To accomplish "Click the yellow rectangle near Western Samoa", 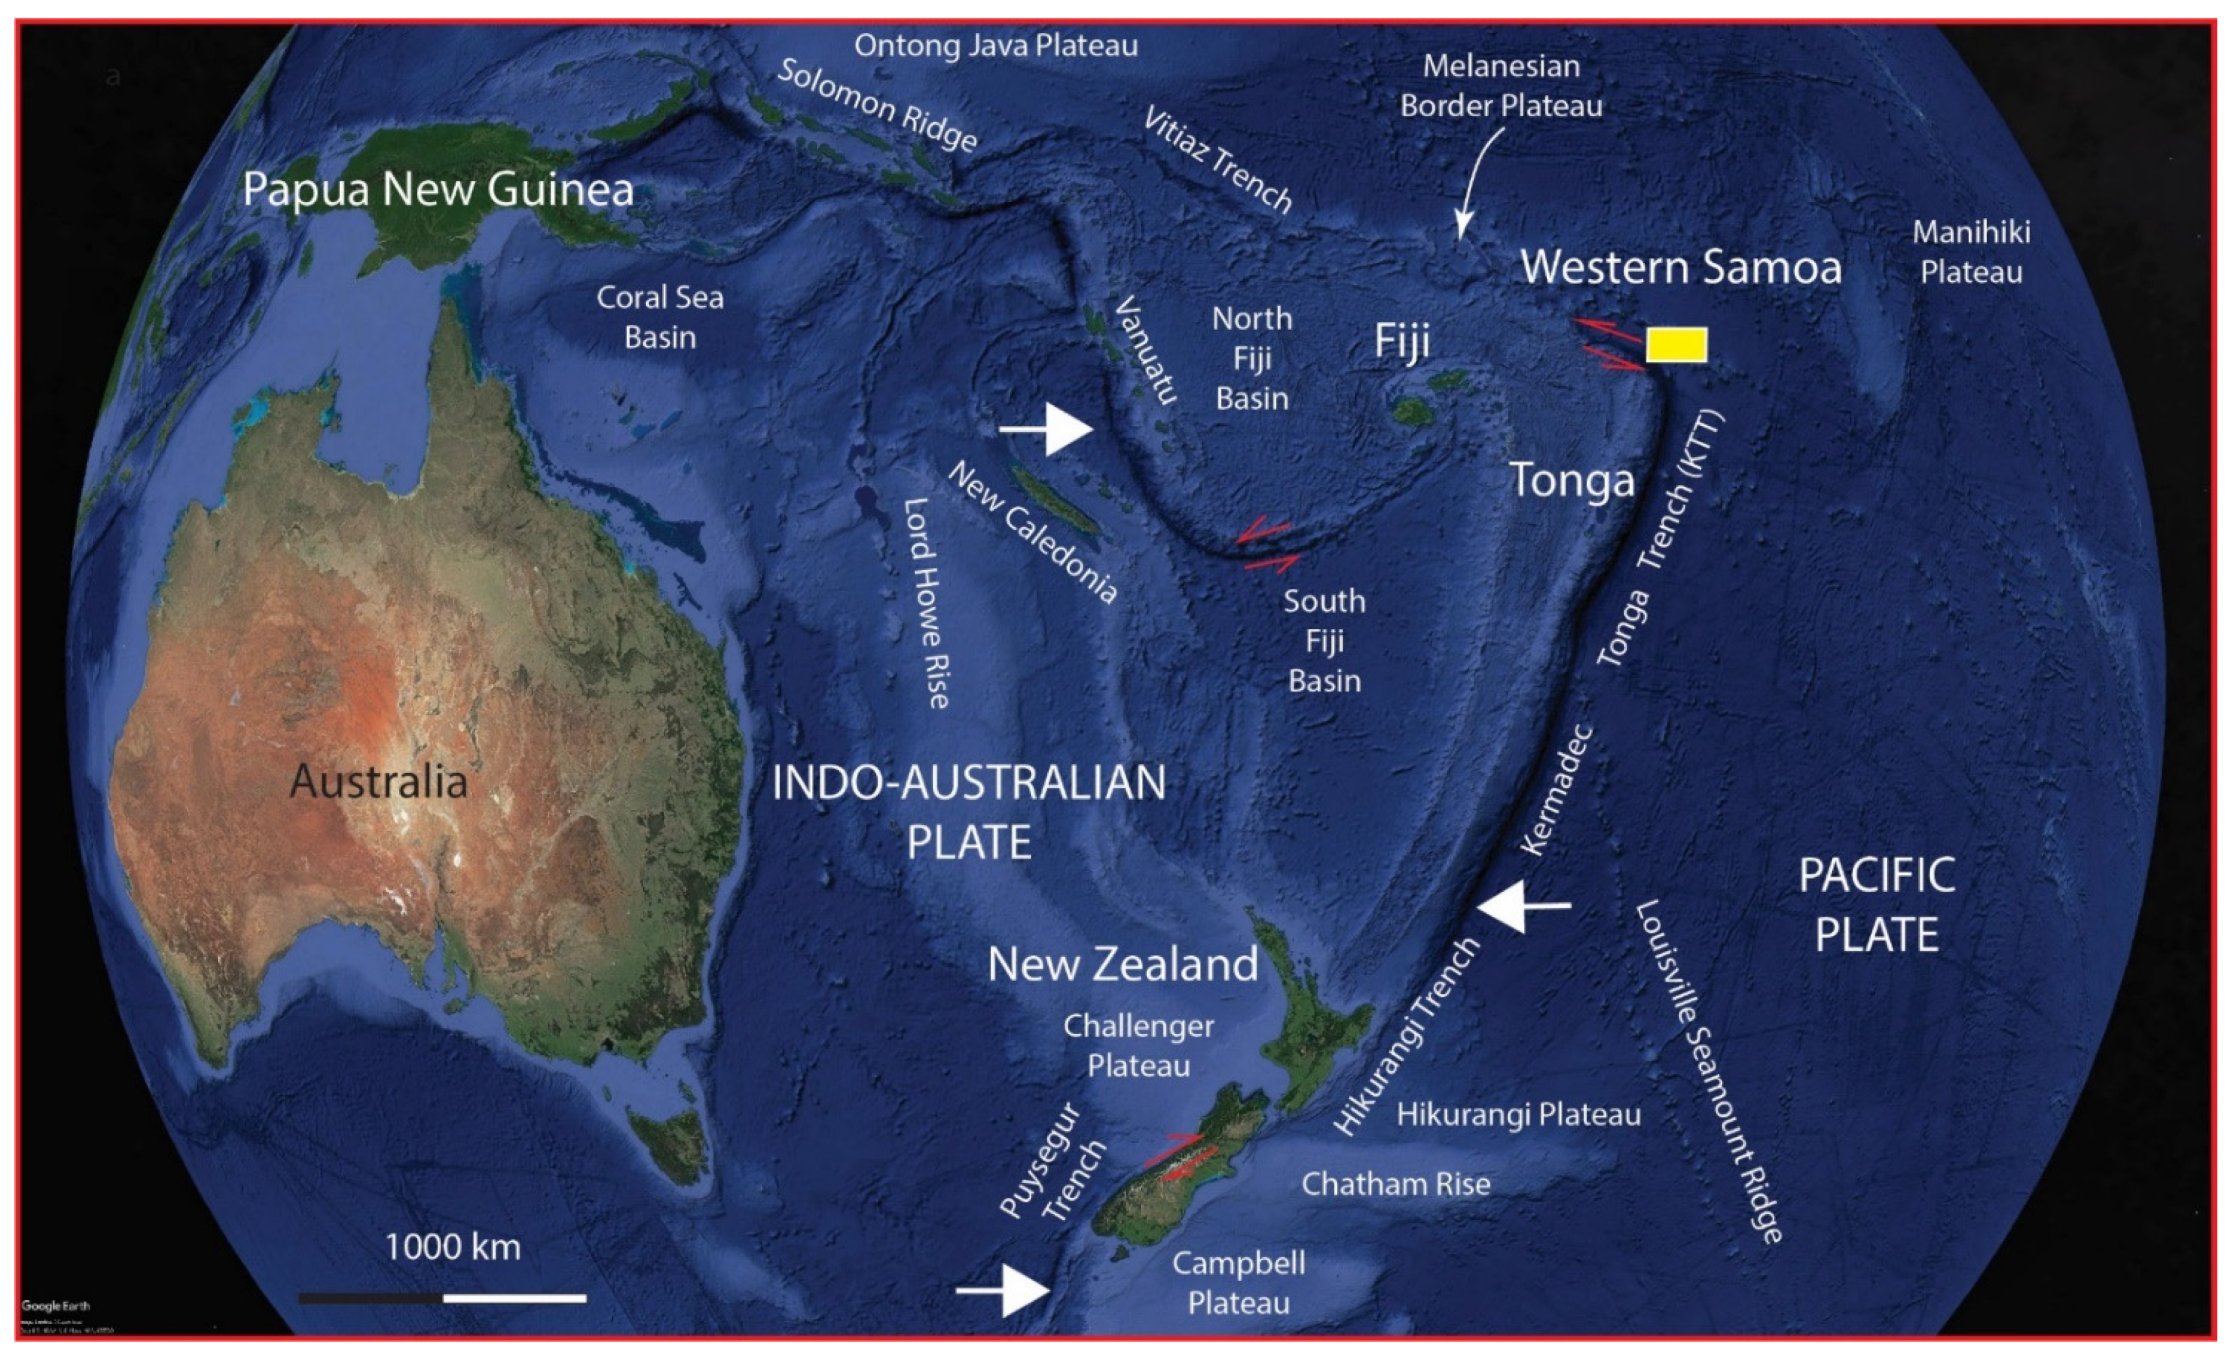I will pos(1676,345).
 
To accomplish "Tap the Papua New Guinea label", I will pos(438,190).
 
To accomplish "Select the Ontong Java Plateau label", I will pos(996,45).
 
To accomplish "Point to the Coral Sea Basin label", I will pos(660,317).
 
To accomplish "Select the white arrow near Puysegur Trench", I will pos(1005,1290).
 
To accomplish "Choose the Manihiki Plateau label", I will pos(1971,252).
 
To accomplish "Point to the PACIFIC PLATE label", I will pos(1876,905).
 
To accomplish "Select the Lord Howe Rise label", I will pos(925,602).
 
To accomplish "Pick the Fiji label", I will pos(1401,341).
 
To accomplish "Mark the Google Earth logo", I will pos(54,1306).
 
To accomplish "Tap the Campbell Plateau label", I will pos(1238,1282).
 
